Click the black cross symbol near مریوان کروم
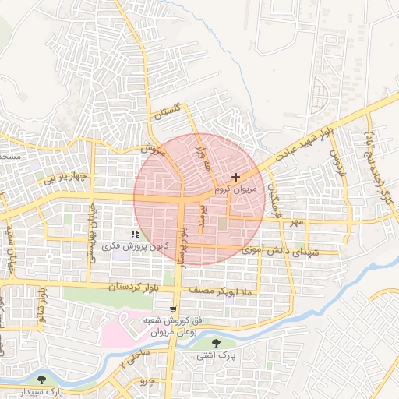[x=236, y=178]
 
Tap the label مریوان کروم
[x=234, y=189]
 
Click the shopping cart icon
[x=173, y=310]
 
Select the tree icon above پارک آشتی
[x=217, y=344]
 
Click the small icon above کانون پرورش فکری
[x=135, y=234]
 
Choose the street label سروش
[x=154, y=149]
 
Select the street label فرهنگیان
[x=276, y=202]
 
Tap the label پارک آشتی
[x=217, y=355]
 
